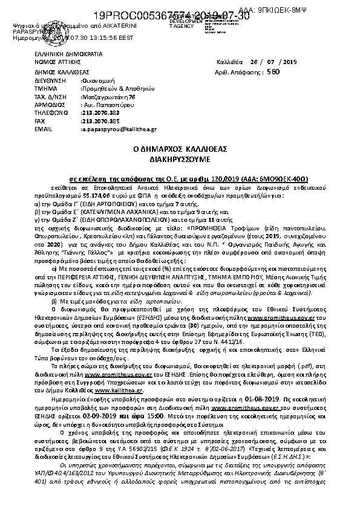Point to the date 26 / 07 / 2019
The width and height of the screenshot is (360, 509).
pyautogui.click(x=275, y=62)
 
